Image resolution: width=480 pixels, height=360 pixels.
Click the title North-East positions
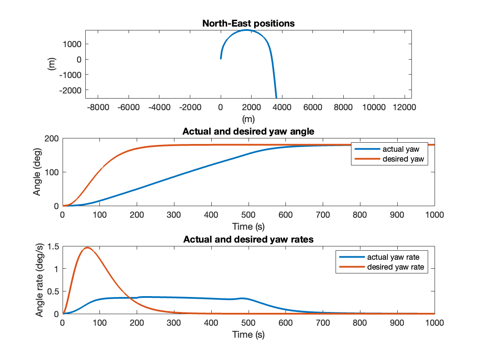[x=249, y=24]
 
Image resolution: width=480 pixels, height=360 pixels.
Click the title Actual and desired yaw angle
[x=249, y=132]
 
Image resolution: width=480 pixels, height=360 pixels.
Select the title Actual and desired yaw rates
[x=249, y=240]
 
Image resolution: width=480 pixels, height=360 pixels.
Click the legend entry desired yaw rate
[x=395, y=267]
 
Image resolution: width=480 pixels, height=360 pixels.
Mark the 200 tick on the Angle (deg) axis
[x=53, y=139]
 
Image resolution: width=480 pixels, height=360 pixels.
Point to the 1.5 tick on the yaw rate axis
[x=54, y=246]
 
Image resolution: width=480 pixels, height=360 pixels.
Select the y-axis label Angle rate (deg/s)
[x=40, y=280]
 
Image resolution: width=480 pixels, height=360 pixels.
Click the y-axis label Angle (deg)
[x=38, y=172]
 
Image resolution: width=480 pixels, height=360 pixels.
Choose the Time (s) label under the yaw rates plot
[x=249, y=334]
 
